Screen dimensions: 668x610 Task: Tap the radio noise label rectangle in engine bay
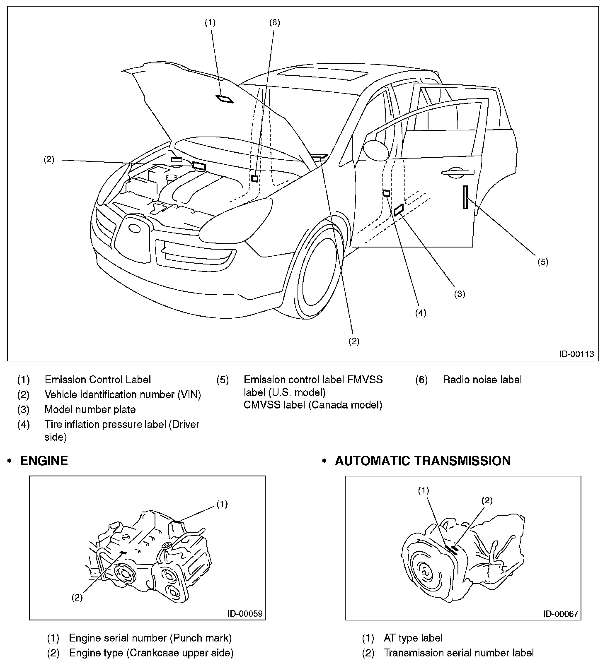pos(255,178)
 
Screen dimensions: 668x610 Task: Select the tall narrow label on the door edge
pos(465,197)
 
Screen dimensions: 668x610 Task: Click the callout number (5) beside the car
pos(542,262)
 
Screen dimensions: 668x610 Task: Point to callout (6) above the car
pos(274,22)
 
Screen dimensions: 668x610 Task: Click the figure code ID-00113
pos(576,354)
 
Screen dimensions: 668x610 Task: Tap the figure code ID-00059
pos(244,613)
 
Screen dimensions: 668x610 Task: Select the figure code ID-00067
pos(560,614)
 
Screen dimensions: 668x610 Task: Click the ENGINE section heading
pos(44,461)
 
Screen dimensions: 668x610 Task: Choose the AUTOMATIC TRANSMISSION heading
pos(422,461)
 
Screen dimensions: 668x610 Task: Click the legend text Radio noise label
pos(482,380)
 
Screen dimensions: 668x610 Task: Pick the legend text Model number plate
pos(90,409)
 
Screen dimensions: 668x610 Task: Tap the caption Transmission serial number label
pos(458,653)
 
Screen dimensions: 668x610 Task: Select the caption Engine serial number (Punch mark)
pos(150,638)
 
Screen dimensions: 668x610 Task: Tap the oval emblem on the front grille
pos(134,228)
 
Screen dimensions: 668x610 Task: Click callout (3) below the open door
pos(459,294)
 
